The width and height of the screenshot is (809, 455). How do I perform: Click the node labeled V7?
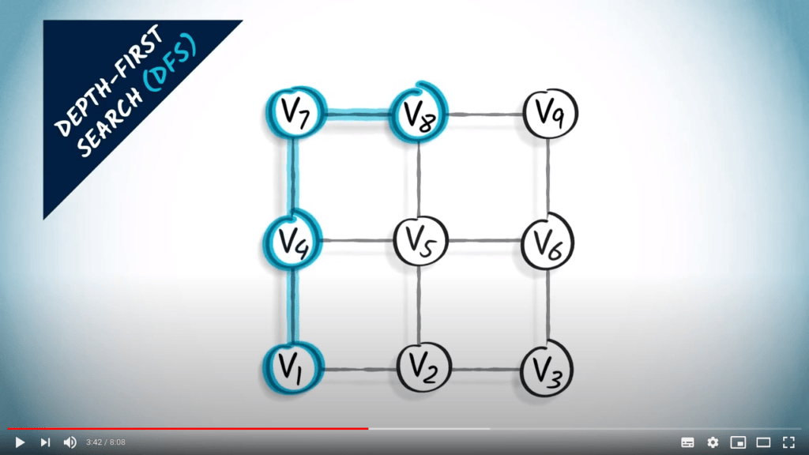295,112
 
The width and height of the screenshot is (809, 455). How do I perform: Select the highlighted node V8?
418,113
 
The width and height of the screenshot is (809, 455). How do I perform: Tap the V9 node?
550,113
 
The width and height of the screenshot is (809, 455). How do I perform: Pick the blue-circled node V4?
292,240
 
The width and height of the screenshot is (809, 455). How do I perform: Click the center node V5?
420,241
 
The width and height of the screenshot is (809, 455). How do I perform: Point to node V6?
547,242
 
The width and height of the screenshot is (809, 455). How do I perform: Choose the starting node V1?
293,368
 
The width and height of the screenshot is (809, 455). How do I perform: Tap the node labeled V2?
424,368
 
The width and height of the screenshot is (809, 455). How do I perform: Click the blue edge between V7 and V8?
357,113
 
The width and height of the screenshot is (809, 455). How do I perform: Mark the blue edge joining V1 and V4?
293,306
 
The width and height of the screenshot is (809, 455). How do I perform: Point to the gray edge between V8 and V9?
485,114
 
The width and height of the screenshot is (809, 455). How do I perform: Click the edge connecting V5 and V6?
484,240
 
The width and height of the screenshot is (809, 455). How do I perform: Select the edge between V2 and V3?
486,370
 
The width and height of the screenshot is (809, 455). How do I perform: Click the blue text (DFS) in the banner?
171,63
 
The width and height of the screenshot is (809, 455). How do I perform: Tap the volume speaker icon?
70,442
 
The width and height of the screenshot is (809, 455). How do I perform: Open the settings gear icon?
713,442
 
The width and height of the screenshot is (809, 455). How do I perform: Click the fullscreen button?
788,442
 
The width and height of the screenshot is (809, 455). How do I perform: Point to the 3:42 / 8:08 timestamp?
106,442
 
